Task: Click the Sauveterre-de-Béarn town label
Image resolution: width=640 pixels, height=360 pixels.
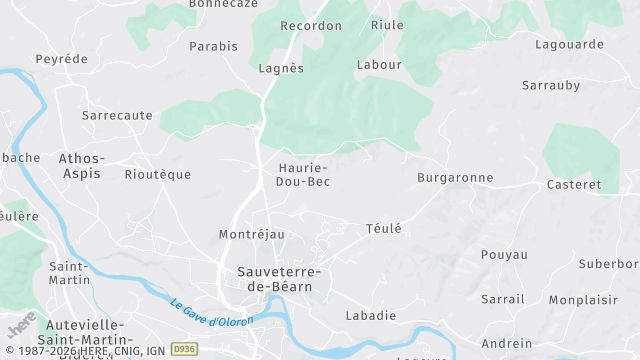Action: (x=274, y=279)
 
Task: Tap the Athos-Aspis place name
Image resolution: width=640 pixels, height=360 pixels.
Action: (x=80, y=165)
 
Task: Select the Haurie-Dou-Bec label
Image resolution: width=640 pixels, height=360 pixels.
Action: (x=303, y=175)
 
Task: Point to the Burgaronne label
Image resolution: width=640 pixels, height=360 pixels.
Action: (x=455, y=177)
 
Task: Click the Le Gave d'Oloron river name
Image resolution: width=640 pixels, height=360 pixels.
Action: (x=211, y=313)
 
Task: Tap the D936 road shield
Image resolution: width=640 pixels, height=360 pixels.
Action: (x=183, y=349)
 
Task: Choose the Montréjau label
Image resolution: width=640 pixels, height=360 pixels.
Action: (x=251, y=234)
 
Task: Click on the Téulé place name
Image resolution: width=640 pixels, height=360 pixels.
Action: (x=383, y=228)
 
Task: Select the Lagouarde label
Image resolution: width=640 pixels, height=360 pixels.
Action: (x=569, y=44)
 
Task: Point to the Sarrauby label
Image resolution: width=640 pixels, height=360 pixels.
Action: (x=551, y=85)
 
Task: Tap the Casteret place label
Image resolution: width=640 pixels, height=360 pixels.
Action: (x=574, y=185)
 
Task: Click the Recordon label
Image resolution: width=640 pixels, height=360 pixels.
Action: (x=311, y=26)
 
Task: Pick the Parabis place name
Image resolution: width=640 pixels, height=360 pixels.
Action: (x=214, y=46)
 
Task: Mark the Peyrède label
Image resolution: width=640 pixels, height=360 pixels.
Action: (x=61, y=59)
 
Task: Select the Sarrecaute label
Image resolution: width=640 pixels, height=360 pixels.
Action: (x=117, y=115)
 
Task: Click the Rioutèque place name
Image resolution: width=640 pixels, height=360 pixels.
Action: (x=157, y=174)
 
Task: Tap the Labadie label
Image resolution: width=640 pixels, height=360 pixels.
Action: (x=370, y=315)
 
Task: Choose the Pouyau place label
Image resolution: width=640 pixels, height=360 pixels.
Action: (x=504, y=254)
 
